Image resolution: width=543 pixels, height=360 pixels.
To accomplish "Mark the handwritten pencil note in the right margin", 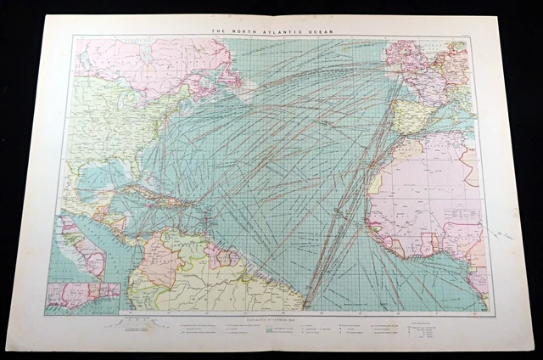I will (507, 232).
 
